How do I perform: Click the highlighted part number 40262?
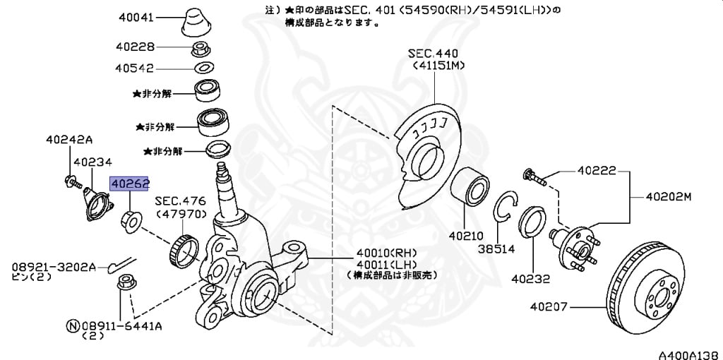click(x=129, y=184)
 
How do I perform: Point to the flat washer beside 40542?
click(x=203, y=68)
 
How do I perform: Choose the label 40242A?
click(x=69, y=139)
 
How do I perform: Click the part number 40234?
click(x=92, y=162)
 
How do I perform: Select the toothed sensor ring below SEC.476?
click(x=185, y=248)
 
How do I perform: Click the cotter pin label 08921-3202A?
click(x=53, y=268)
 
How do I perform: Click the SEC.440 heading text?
click(x=433, y=54)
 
